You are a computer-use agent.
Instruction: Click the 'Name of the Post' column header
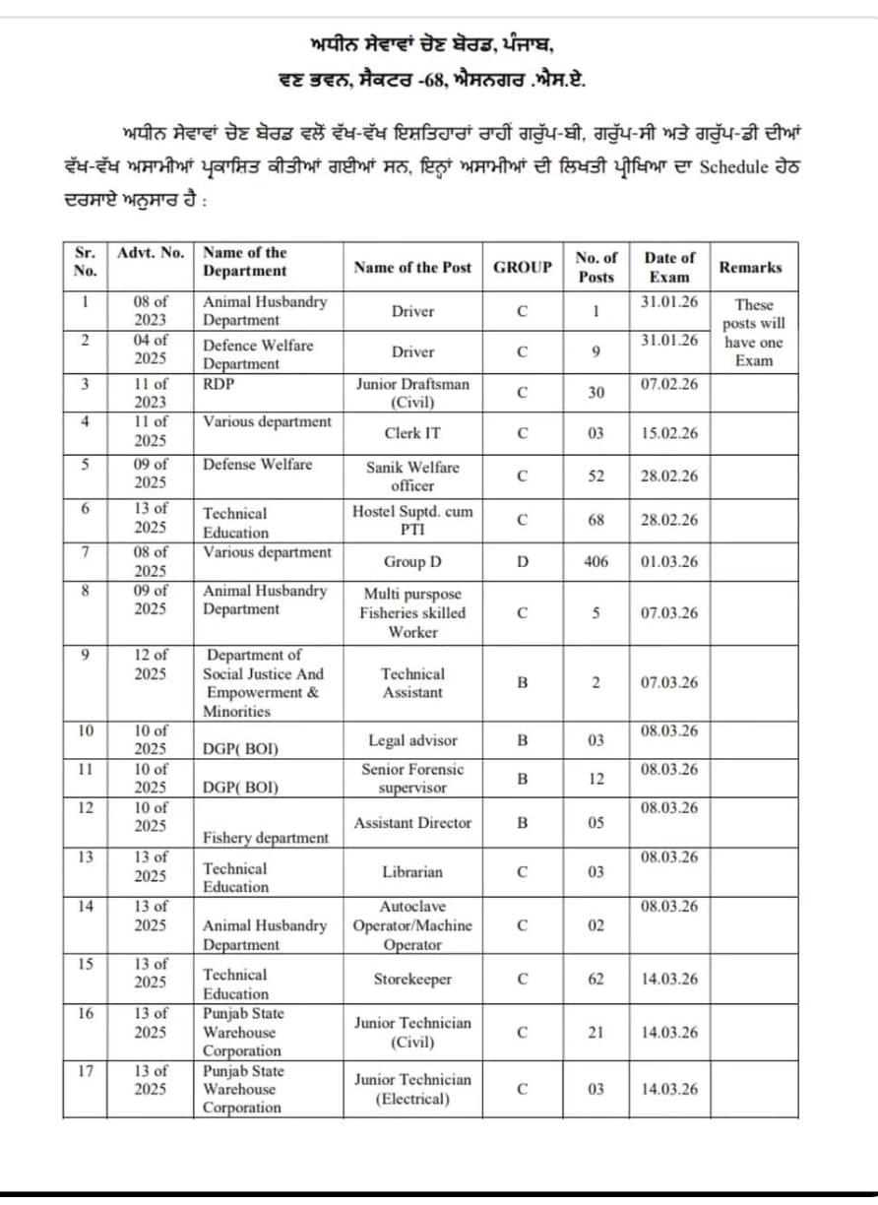tap(412, 267)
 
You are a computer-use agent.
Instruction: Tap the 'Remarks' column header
tap(750, 267)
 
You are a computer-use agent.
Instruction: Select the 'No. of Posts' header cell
tap(596, 267)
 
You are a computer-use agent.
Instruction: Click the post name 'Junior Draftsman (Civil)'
tap(412, 393)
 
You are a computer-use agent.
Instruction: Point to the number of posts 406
tap(596, 561)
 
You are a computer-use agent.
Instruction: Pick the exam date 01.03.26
tap(668, 561)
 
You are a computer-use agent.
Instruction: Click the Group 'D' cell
tap(522, 561)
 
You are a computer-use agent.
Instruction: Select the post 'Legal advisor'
tap(412, 740)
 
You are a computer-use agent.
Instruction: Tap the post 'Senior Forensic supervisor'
tap(412, 778)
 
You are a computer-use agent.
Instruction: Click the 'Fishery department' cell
tap(266, 838)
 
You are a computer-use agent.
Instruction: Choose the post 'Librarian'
tap(412, 872)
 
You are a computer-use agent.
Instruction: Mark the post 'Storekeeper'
tap(412, 980)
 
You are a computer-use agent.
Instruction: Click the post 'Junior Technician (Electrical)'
tap(412, 1089)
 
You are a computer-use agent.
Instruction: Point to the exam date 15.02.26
tap(668, 432)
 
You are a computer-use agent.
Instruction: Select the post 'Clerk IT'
tap(412, 432)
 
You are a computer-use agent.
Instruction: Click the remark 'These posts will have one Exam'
tap(754, 333)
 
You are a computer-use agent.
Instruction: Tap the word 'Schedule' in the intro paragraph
tap(733, 166)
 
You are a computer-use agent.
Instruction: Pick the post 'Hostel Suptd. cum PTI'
tap(412, 520)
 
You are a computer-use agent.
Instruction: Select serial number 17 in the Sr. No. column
tap(86, 1070)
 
